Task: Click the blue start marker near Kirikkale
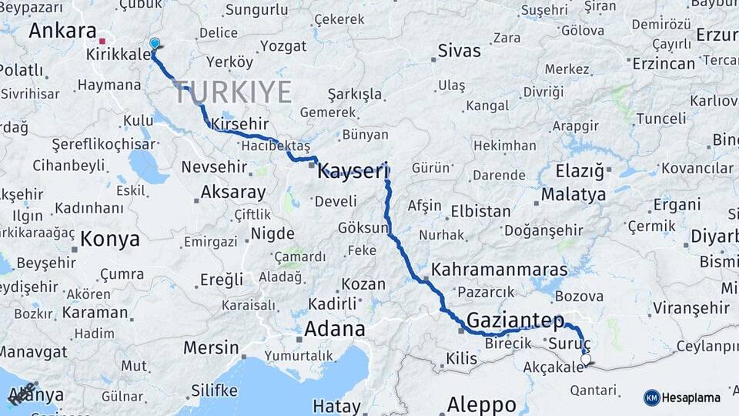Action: pos(155,44)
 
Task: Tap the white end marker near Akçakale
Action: pos(586,359)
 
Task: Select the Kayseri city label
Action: pos(353,171)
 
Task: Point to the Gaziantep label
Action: pos(515,320)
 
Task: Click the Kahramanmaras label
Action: pos(500,270)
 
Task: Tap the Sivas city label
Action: pos(459,51)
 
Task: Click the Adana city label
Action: pos(334,329)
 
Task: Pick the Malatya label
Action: pos(573,194)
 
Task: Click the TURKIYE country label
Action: pos(232,92)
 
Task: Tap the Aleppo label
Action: pos(482,404)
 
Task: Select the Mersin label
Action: pos(211,347)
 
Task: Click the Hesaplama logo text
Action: pos(691,398)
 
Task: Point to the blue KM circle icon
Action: pos(651,398)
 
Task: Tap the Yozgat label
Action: pos(283,46)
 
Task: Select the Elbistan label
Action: pos(480,210)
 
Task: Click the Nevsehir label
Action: pos(213,167)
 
